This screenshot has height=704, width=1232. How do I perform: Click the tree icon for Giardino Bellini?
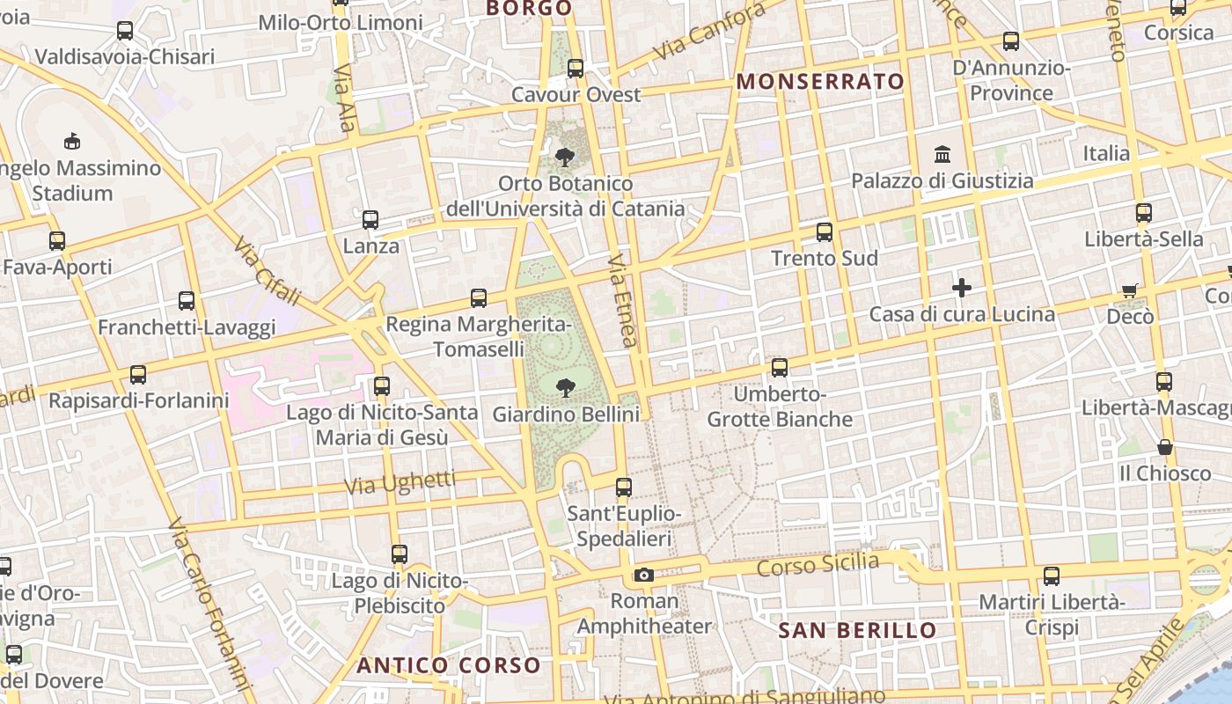coord(564,386)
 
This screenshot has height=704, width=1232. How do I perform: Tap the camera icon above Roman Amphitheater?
coord(644,575)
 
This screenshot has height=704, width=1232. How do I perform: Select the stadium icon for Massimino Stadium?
coord(72,141)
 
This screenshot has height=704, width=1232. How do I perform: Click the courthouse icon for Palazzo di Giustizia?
coord(942,154)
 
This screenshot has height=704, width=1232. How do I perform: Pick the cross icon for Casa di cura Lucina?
coord(961,287)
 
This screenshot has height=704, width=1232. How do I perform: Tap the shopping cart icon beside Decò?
coord(1130,290)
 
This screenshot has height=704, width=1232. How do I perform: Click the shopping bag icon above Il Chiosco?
coord(1165,447)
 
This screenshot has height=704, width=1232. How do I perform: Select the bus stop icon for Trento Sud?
coord(825,231)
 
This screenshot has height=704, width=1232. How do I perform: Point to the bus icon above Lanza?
coord(370,219)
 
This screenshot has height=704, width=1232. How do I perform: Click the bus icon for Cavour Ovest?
coord(576,68)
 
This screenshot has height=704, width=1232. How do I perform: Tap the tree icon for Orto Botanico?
coord(564,158)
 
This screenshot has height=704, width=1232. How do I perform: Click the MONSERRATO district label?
coord(820,82)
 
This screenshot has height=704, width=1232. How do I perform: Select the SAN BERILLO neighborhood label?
coord(858,630)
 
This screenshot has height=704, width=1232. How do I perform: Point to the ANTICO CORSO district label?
coord(448,665)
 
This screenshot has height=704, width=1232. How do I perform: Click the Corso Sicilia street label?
coord(818,566)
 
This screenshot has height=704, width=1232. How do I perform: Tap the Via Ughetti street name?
coord(400,481)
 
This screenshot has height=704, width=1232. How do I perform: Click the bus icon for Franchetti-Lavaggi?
coord(187,301)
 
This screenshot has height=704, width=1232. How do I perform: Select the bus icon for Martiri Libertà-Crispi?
coord(1052,576)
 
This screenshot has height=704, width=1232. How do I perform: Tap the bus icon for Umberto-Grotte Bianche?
coord(780,367)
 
